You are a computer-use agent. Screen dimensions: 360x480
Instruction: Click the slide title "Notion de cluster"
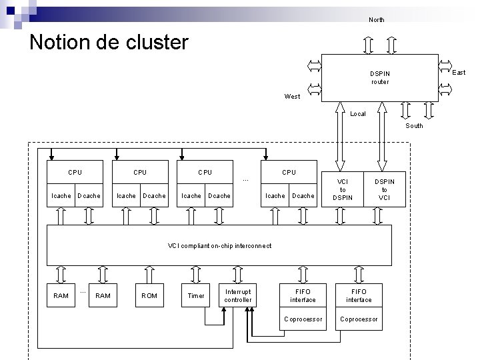pyautogui.click(x=109, y=43)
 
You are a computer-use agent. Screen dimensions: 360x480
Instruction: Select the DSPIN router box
pyautogui.click(x=379, y=77)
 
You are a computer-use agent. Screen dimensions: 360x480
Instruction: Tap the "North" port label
pyautogui.click(x=376, y=20)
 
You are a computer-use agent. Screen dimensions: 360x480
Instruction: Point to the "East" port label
pyautogui.click(x=459, y=72)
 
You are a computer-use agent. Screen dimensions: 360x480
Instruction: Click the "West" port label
pyautogui.click(x=292, y=97)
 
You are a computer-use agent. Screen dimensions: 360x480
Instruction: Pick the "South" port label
pyautogui.click(x=414, y=125)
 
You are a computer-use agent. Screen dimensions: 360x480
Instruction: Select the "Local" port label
pyautogui.click(x=358, y=114)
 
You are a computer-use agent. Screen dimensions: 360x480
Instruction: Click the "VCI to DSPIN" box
pyautogui.click(x=342, y=189)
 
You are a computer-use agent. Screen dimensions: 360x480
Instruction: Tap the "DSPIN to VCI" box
pyautogui.click(x=384, y=189)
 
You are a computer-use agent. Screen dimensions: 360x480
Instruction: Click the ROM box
pyautogui.click(x=149, y=295)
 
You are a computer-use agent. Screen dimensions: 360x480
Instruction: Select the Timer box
pyautogui.click(x=196, y=295)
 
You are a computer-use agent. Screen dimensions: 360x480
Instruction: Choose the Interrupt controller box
pyautogui.click(x=238, y=295)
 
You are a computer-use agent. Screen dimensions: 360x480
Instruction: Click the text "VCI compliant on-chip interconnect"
pyautogui.click(x=219, y=246)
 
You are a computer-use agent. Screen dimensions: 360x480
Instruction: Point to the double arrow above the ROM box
pyautogui.click(x=149, y=273)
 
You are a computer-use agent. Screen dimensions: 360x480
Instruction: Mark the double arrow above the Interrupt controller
pyautogui.click(x=237, y=273)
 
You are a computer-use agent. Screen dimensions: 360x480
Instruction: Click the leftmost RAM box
pyautogui.click(x=61, y=295)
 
